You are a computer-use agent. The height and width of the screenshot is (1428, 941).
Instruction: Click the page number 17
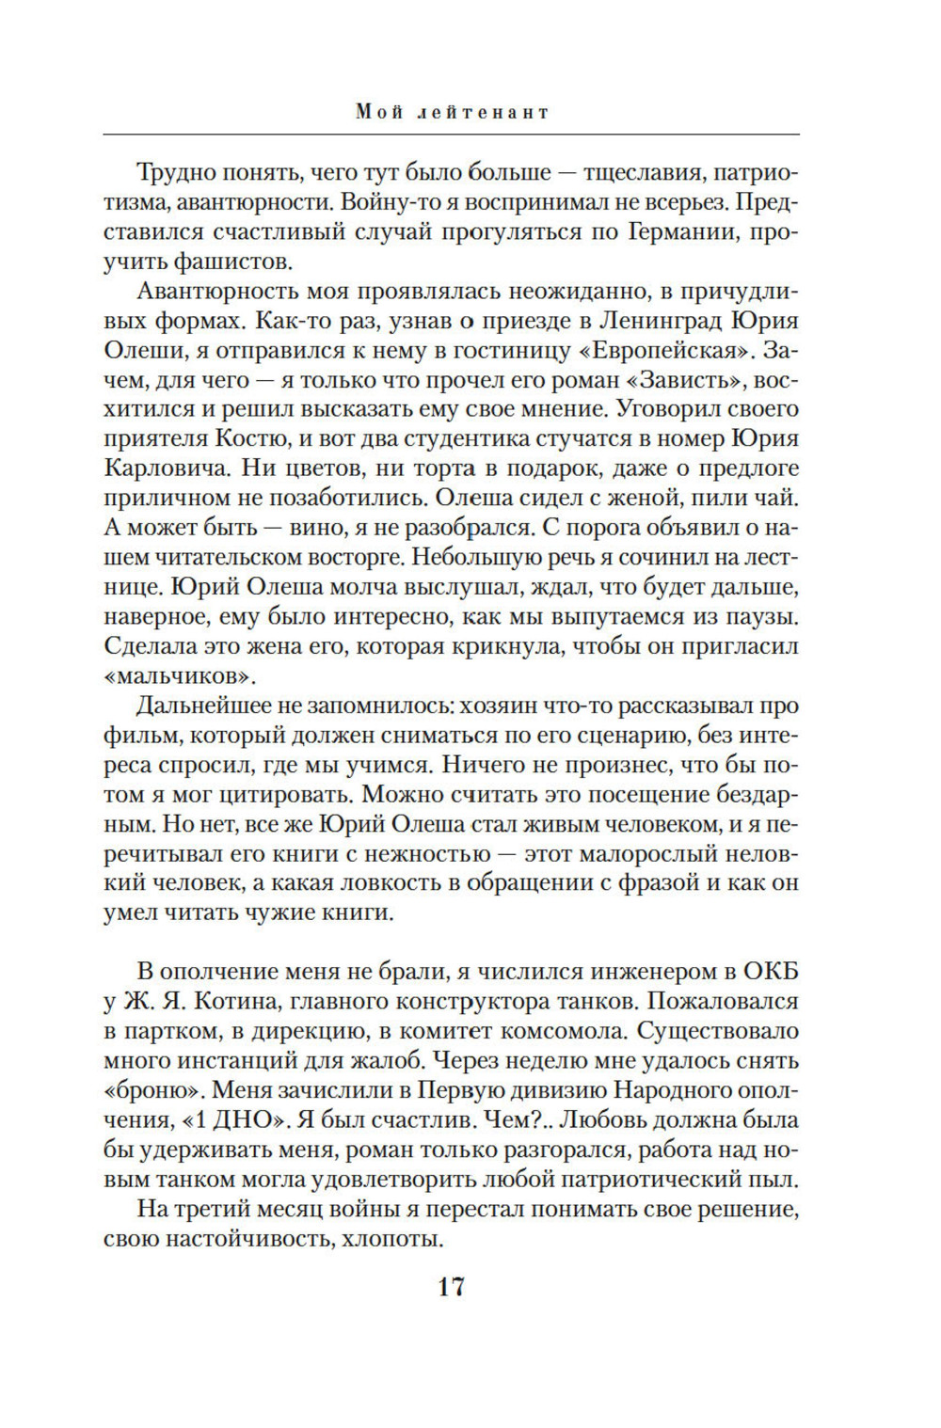point(451,1287)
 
